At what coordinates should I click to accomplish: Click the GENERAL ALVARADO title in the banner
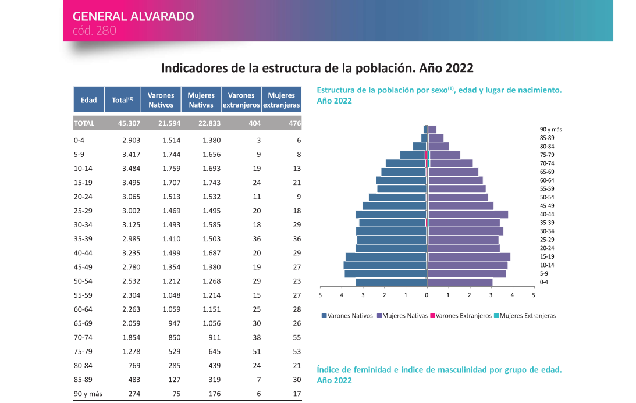[134, 16]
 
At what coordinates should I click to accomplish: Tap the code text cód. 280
[95, 30]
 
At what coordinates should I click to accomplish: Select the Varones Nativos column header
[161, 100]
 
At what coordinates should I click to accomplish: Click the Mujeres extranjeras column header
[281, 100]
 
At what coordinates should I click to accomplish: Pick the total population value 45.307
[126, 123]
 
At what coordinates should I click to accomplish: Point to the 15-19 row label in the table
[84, 183]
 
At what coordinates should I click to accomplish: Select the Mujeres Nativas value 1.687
[211, 253]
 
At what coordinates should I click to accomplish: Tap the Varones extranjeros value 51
[257, 351]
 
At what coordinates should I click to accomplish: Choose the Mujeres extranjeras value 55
[297, 337]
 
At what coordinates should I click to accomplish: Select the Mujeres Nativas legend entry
[404, 316]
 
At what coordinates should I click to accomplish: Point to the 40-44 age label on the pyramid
[547, 214]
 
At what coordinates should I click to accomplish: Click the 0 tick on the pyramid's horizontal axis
[427, 295]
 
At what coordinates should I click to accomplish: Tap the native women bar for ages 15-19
[469, 256]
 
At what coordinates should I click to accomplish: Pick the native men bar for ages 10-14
[385, 265]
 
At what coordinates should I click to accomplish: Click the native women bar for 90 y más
[432, 129]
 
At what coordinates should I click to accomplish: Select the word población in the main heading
[369, 68]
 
